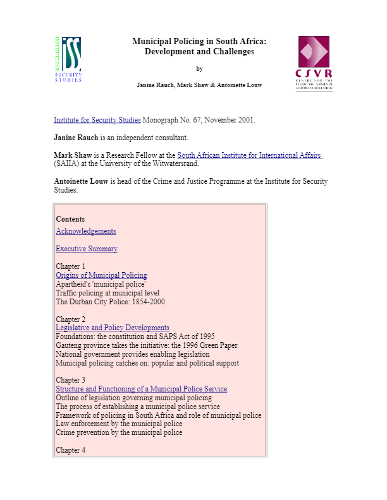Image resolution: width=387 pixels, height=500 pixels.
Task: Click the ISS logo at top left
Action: click(68, 59)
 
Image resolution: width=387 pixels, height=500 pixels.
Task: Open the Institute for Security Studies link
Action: click(97, 120)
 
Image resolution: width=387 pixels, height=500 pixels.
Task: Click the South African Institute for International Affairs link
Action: click(250, 155)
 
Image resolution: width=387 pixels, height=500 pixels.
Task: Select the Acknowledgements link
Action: click(86, 231)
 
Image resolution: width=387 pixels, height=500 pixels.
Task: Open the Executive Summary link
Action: click(87, 249)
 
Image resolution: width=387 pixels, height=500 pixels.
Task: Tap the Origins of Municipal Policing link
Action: click(101, 275)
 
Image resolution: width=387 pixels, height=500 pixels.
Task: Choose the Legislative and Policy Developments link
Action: click(113, 328)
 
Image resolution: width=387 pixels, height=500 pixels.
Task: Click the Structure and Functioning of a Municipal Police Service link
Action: click(141, 389)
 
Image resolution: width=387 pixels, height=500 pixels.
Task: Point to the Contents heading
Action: click(70, 219)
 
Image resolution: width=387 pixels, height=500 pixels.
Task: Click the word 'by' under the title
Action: click(199, 69)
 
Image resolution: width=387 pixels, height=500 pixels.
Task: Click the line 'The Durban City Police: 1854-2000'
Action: click(110, 302)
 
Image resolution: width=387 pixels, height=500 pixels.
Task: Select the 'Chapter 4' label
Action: click(70, 450)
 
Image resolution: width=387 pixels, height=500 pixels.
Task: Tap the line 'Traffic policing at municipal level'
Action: click(107, 293)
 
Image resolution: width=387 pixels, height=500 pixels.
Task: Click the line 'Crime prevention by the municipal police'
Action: click(119, 432)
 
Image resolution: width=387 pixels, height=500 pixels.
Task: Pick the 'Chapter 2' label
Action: click(70, 319)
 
